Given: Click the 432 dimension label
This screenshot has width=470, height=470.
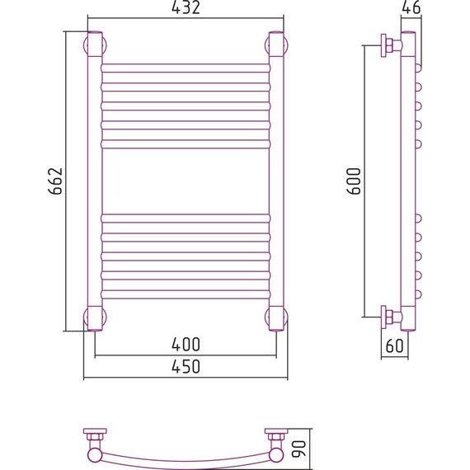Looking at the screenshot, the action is tap(186, 7).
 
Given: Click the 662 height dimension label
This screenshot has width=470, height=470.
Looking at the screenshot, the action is tap(55, 181).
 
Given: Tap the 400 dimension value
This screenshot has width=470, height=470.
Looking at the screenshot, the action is tap(186, 345).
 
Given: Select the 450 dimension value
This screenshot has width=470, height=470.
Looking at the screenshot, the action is tap(186, 366).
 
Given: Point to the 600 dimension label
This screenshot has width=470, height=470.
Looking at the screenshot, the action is tap(354, 181).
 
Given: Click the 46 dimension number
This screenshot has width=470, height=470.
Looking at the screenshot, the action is tap(411, 7).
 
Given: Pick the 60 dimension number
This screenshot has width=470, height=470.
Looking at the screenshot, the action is tap(394, 345).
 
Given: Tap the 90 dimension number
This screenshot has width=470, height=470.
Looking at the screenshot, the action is tap(298, 449).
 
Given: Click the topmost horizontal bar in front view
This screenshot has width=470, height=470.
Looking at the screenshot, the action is tap(186, 68).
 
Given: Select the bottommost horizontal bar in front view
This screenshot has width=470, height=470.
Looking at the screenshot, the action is tap(186, 294).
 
